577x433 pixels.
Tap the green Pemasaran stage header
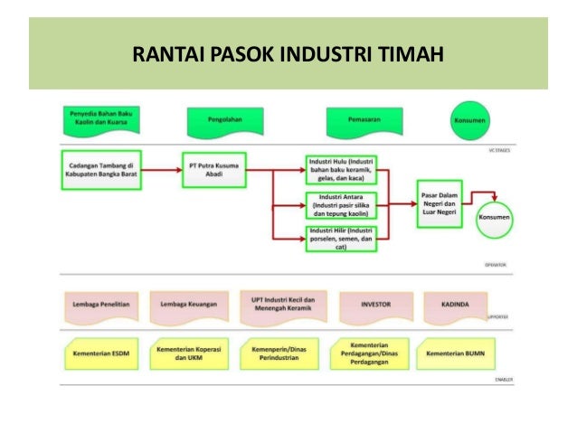[359, 118]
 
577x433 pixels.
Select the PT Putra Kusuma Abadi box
[214, 170]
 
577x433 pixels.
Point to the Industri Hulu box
[342, 170]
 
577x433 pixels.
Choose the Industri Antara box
[342, 205]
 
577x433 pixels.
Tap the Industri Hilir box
[342, 239]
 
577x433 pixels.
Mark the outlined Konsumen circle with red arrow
[494, 218]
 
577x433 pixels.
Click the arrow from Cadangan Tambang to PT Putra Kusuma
[157, 169]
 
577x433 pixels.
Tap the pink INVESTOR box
[375, 306]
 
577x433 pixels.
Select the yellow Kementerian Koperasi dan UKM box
[189, 354]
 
